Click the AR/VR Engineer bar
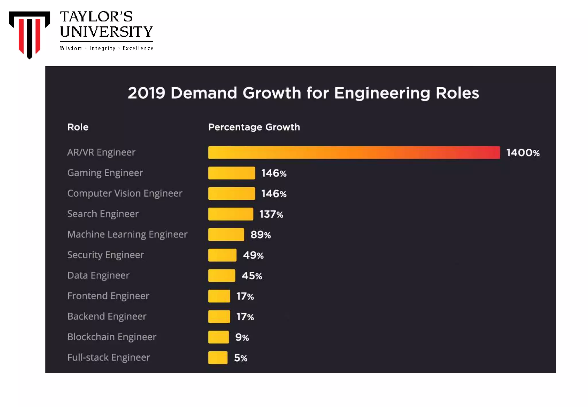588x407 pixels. point(354,152)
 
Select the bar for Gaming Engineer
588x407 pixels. point(231,173)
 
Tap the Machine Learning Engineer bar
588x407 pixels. point(226,234)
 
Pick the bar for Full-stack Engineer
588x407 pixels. point(218,358)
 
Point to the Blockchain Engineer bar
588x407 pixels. point(218,337)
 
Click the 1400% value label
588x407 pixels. point(523,153)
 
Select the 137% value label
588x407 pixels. point(271,214)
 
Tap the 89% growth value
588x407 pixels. point(260,235)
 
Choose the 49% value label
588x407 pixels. point(253,255)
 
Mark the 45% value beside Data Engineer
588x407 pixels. point(252,276)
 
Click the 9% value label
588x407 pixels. point(242,337)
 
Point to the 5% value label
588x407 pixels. point(240,358)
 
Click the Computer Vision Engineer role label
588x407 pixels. point(125,193)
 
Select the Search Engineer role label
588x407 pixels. point(103,214)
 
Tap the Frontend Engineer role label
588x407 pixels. point(108,296)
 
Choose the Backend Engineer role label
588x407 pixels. point(107,316)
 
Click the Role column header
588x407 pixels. point(78,127)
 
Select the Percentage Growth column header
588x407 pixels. point(254,127)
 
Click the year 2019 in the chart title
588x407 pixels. point(146,93)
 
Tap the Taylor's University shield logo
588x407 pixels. point(29,34)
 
